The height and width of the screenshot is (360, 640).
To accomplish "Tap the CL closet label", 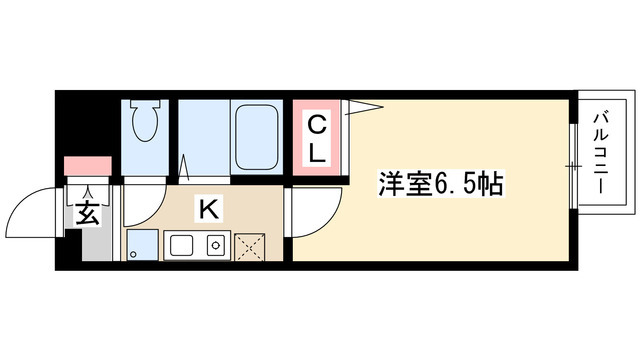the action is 315,139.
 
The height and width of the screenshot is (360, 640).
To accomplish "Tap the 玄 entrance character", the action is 88,212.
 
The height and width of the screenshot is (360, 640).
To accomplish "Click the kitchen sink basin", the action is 182,244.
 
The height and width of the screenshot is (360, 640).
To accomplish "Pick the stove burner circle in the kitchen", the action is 213,244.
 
